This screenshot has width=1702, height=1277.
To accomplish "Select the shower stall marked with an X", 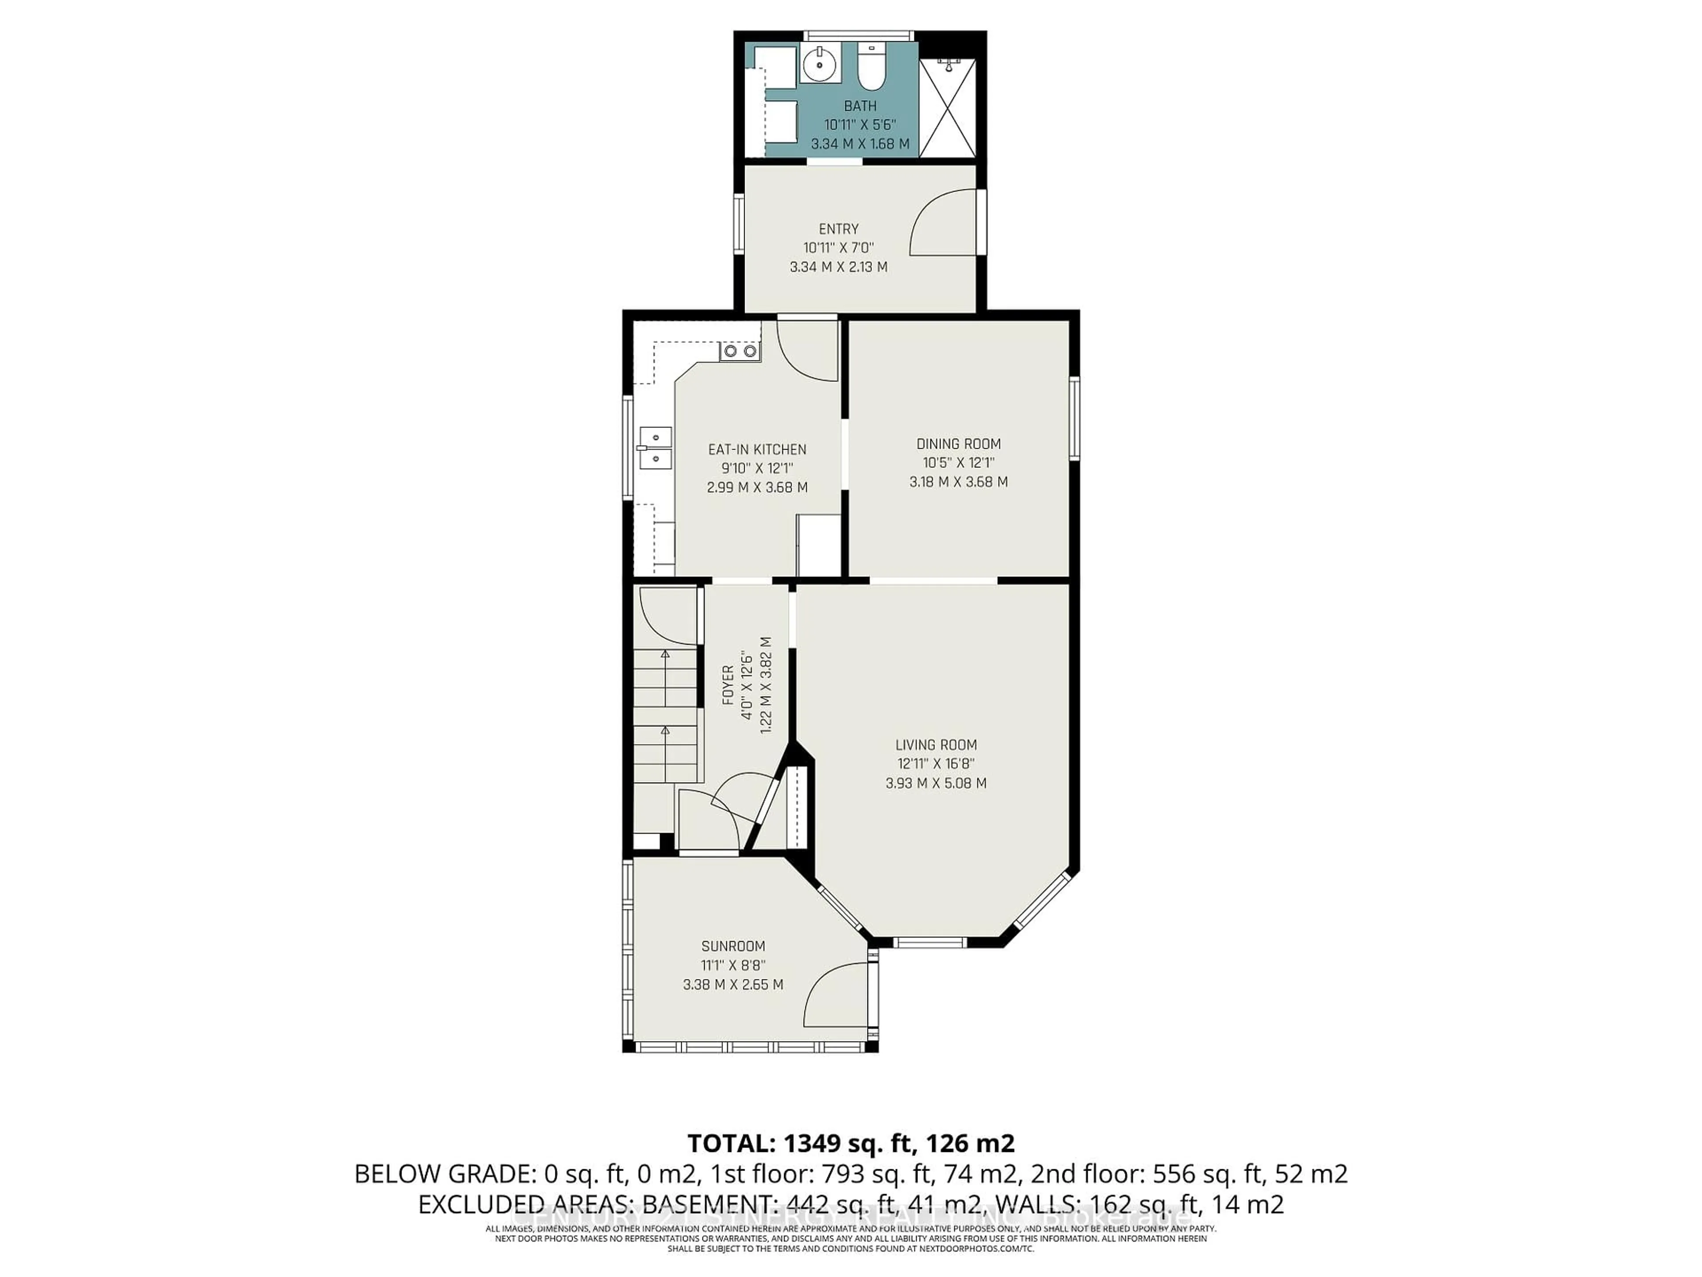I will coord(947,108).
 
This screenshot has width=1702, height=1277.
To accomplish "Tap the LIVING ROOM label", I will coord(936,745).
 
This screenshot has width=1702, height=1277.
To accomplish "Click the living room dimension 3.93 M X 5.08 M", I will coord(936,783).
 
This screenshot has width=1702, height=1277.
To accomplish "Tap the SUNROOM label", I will coord(733,947).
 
